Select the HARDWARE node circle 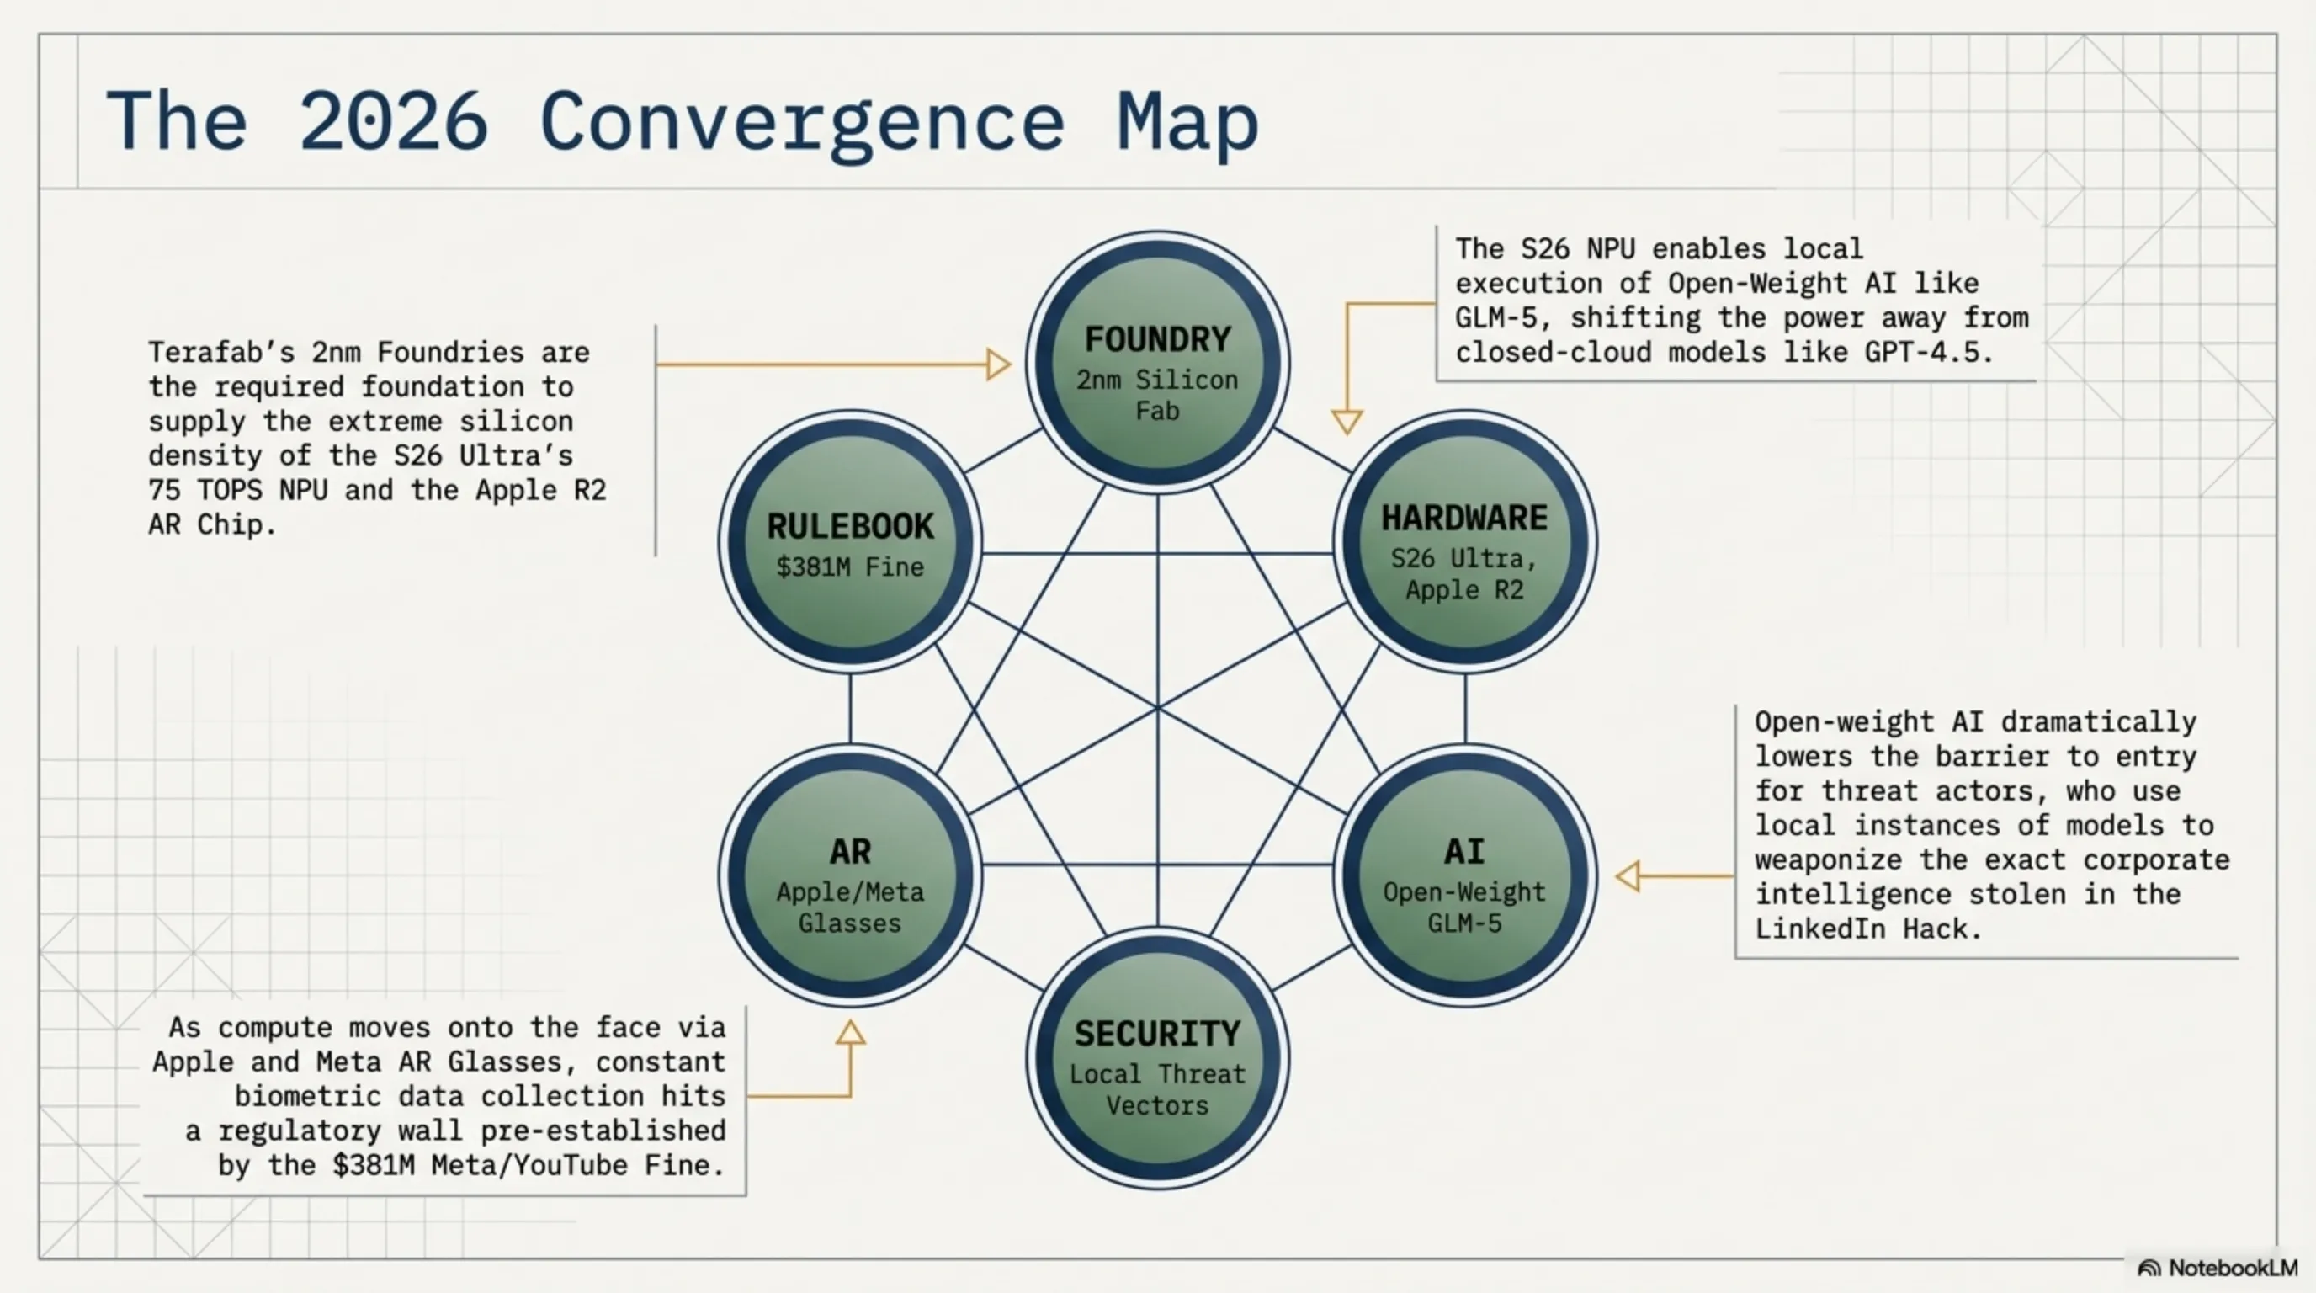[x=1464, y=541]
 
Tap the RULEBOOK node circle [x=850, y=541]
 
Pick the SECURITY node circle [x=1157, y=1057]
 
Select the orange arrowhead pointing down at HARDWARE [x=1347, y=420]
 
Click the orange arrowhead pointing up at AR [x=851, y=1033]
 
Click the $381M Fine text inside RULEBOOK [x=850, y=567]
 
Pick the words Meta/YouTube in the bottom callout [x=529, y=1164]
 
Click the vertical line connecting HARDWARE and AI [x=1465, y=709]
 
